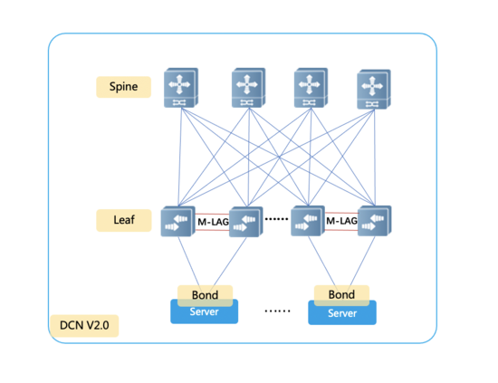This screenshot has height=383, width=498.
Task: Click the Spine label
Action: pos(123,87)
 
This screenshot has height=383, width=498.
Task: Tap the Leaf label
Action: pos(124,220)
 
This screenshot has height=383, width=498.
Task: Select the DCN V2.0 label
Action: pos(84,326)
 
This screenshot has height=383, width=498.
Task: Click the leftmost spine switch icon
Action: pos(181,88)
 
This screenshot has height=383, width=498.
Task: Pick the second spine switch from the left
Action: pos(248,88)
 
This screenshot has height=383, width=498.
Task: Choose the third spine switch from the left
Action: pos(311,88)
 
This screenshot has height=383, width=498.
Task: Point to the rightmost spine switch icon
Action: pos(374,90)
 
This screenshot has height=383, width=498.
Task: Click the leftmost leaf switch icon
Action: pos(177,221)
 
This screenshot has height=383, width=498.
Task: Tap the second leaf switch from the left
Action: pos(245,222)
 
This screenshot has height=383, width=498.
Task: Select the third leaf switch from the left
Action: pos(308,221)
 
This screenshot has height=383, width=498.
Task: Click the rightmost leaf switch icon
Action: pos(375,221)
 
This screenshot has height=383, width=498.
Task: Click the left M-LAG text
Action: pos(213,222)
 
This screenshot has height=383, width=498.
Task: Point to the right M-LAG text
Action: pos(341,221)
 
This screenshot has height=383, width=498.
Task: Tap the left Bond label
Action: pos(205,295)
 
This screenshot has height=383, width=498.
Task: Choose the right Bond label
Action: pos(341,294)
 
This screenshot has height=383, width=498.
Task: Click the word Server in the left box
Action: pos(204,311)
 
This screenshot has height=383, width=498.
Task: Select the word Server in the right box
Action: pos(342,313)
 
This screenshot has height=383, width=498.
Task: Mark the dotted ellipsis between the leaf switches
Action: pos(277,219)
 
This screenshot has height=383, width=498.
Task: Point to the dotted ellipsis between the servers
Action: pos(277,311)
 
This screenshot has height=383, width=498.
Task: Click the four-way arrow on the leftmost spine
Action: pos(179,84)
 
